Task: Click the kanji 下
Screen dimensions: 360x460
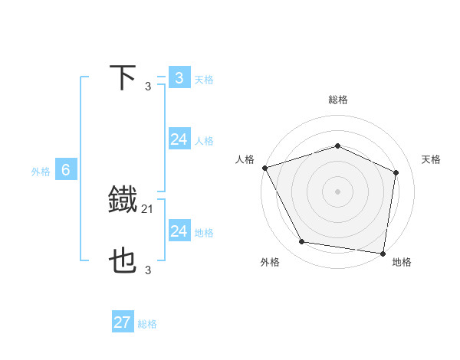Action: coord(123,78)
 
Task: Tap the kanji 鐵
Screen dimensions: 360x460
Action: coord(123,201)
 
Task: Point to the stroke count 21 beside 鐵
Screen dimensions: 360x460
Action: coord(148,208)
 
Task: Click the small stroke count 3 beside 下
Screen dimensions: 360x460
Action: coord(148,86)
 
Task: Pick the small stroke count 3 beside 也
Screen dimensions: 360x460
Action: coord(148,270)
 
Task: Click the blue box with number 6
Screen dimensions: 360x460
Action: coord(66,171)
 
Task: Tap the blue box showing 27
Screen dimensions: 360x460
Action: coord(123,322)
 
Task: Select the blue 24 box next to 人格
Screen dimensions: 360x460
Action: coord(179,139)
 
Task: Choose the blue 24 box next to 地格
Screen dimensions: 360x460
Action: coord(179,231)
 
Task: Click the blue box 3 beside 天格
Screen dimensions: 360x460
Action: coord(179,78)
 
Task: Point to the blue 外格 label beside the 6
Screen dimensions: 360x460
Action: coord(41,172)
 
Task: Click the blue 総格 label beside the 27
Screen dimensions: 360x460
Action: coord(147,324)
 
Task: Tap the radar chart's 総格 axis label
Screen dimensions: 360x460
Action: coord(338,100)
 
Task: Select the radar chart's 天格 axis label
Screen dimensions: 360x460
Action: coord(432,159)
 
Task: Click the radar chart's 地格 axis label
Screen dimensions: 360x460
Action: coord(402,263)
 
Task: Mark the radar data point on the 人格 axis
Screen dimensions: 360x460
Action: coord(264,168)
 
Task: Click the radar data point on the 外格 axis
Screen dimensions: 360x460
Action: coord(302,242)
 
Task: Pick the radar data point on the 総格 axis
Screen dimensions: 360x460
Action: coord(338,146)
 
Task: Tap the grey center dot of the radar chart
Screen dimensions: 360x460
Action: coord(338,191)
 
